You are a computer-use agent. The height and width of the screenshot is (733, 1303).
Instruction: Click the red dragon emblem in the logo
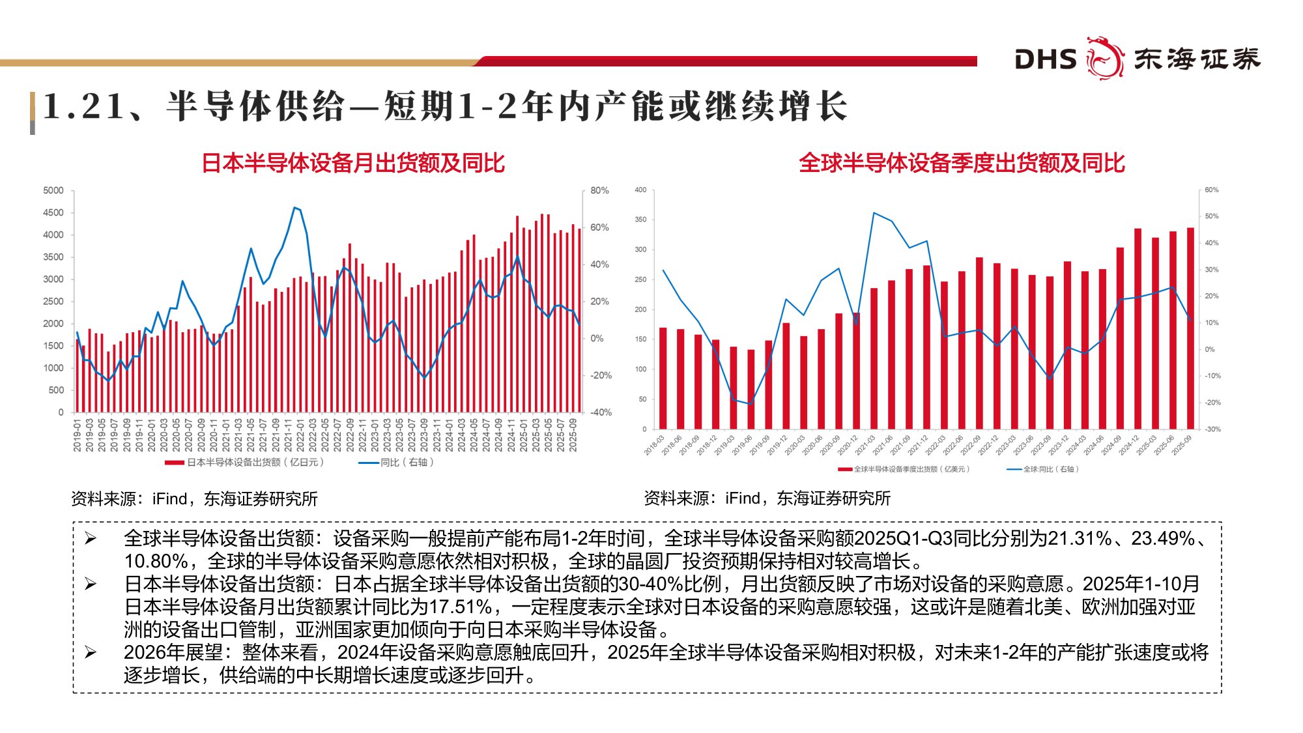click(x=1104, y=59)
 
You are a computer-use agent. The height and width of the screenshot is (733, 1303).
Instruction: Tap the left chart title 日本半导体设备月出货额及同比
click(x=353, y=163)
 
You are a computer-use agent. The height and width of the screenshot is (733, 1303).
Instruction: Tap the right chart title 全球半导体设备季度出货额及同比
click(x=962, y=163)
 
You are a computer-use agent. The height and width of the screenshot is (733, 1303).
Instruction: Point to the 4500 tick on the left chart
click(x=53, y=212)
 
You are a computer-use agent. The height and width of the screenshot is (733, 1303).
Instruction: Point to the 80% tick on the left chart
click(x=599, y=190)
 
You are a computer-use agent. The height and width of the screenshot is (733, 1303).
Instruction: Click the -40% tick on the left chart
click(x=601, y=412)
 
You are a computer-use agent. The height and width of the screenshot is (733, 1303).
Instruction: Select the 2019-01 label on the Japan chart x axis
click(x=77, y=435)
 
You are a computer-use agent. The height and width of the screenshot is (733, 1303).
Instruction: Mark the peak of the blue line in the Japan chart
click(x=294, y=207)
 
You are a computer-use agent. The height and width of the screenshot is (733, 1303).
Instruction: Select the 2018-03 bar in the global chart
click(x=663, y=378)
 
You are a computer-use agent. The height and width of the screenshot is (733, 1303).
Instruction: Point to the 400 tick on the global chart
click(x=640, y=190)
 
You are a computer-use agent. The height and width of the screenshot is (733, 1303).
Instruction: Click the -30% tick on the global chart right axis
click(x=1212, y=429)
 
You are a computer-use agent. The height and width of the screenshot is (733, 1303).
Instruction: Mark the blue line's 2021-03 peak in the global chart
click(x=874, y=212)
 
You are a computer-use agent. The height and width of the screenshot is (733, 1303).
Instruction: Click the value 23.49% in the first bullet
click(x=1162, y=538)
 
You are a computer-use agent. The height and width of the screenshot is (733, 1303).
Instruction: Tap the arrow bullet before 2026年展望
click(x=91, y=652)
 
